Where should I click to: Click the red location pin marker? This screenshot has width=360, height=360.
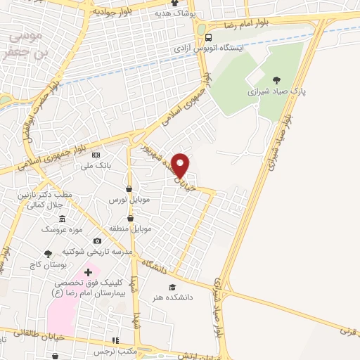tap(181, 165)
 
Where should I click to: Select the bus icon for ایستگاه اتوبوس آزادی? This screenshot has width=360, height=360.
tap(208, 38)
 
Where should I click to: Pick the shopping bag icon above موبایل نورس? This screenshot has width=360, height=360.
tap(129, 188)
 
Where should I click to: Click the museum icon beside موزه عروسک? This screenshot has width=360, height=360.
tap(62, 219)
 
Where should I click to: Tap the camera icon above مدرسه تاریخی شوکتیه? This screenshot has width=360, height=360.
tap(97, 241)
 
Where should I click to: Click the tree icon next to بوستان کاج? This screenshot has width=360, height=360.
tap(48, 254)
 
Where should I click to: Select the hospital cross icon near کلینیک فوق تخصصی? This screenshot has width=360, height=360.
tap(88, 271)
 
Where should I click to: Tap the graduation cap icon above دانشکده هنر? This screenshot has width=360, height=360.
tap(172, 287)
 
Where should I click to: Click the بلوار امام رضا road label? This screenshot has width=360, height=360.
tap(243, 23)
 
